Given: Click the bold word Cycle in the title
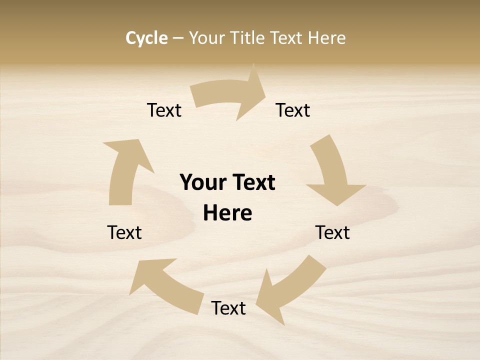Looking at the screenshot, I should pyautogui.click(x=146, y=38).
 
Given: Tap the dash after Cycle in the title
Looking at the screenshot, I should pyautogui.click(x=178, y=38).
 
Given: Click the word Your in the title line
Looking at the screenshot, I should pyautogui.click(x=207, y=38).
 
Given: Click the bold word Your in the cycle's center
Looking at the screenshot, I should pyautogui.click(x=203, y=182).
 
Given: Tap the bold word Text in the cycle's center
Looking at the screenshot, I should pyautogui.click(x=253, y=182).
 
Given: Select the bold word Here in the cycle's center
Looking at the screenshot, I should pyautogui.click(x=227, y=213).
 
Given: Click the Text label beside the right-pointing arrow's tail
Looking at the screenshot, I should pyautogui.click(x=164, y=110).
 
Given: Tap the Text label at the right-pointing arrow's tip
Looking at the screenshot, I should pyautogui.click(x=293, y=110).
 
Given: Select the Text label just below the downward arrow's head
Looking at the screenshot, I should pyautogui.click(x=332, y=232).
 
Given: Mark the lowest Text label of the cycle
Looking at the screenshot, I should pyautogui.click(x=228, y=308).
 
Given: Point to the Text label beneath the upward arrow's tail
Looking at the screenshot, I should pyautogui.click(x=124, y=232).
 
